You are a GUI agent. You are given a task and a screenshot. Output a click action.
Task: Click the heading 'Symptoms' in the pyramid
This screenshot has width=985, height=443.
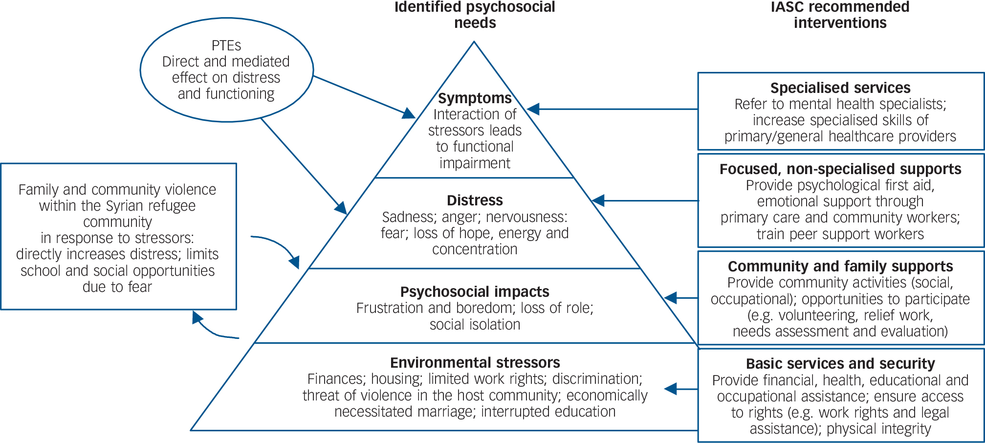[475, 98]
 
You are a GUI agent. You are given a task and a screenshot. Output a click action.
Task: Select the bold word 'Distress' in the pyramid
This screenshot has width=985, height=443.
[475, 200]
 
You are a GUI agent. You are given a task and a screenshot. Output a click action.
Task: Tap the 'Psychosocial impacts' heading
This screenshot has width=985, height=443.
[475, 292]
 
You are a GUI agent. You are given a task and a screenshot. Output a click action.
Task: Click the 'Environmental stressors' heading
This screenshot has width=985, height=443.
[475, 363]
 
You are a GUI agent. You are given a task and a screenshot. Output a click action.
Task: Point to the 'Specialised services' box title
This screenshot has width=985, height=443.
[840, 88]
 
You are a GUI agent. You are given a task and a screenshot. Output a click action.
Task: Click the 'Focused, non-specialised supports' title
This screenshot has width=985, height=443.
[840, 169]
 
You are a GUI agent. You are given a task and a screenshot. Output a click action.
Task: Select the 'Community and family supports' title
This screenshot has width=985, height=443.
[840, 266]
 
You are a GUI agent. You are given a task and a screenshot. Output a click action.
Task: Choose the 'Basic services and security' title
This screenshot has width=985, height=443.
[840, 364]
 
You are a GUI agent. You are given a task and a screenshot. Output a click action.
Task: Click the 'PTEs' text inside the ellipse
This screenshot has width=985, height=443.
[226, 45]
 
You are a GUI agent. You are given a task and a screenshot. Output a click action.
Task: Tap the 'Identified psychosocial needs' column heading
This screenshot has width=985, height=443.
[475, 15]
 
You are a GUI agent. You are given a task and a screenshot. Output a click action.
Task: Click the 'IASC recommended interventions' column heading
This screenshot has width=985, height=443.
[840, 15]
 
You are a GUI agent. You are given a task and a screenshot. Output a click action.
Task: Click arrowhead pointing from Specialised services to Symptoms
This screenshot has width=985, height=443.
[533, 109]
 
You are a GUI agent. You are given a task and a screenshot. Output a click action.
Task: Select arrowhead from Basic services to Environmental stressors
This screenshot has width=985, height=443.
[671, 389]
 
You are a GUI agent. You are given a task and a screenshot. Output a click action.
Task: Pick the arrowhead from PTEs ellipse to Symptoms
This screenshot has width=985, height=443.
[408, 114]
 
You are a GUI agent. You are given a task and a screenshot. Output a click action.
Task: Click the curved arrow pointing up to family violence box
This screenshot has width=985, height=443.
[197, 318]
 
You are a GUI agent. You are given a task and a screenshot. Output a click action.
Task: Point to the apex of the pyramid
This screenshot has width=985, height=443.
[474, 43]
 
